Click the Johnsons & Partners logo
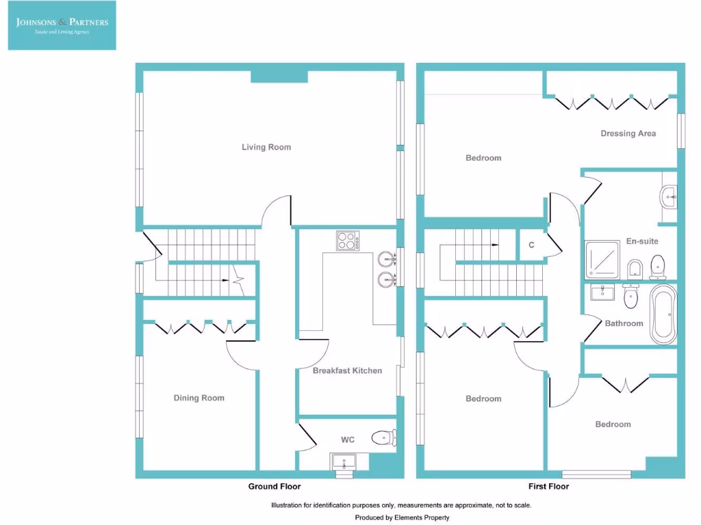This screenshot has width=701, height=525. [x=62, y=25]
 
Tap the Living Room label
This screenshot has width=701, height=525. [x=266, y=147]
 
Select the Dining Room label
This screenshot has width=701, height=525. [x=199, y=398]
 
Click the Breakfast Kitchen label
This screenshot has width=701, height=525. [x=347, y=371]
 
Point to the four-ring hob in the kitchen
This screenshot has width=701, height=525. [x=348, y=241]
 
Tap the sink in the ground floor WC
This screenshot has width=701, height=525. [x=344, y=463]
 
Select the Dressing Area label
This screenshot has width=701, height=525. [x=628, y=133]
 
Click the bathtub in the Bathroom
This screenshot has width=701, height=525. [x=663, y=315]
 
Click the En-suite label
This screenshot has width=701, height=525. [x=641, y=241]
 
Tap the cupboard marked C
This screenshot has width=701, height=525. [x=531, y=245]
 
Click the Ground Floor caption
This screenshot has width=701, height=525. [x=274, y=487]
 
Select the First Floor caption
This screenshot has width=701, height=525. [x=548, y=487]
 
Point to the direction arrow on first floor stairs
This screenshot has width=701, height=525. [x=493, y=244]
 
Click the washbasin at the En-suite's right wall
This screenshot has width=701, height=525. [x=667, y=198]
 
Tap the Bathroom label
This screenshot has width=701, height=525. [x=624, y=323]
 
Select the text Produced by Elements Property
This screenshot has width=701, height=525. [x=402, y=517]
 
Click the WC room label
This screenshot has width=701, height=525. [x=347, y=440]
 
